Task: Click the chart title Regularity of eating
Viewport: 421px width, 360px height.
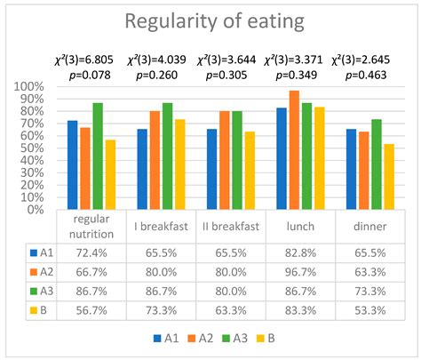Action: point(210,21)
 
